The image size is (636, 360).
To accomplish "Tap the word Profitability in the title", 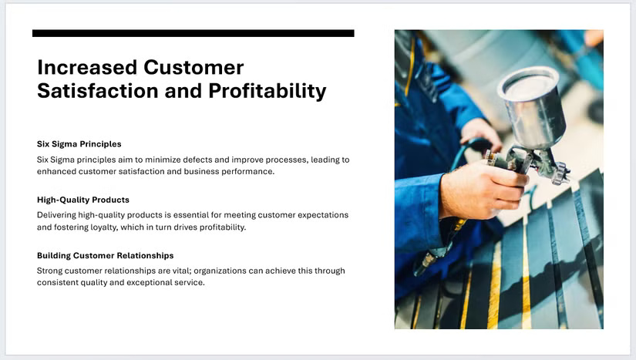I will [x=268, y=91].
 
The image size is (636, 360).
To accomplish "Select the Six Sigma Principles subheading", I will [x=79, y=144].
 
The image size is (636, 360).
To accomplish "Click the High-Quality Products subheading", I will [x=83, y=200].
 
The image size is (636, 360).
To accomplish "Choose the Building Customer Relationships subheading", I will [x=106, y=255].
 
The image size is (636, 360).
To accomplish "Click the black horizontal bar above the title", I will [x=193, y=33].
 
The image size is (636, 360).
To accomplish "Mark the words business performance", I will [x=236, y=171].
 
